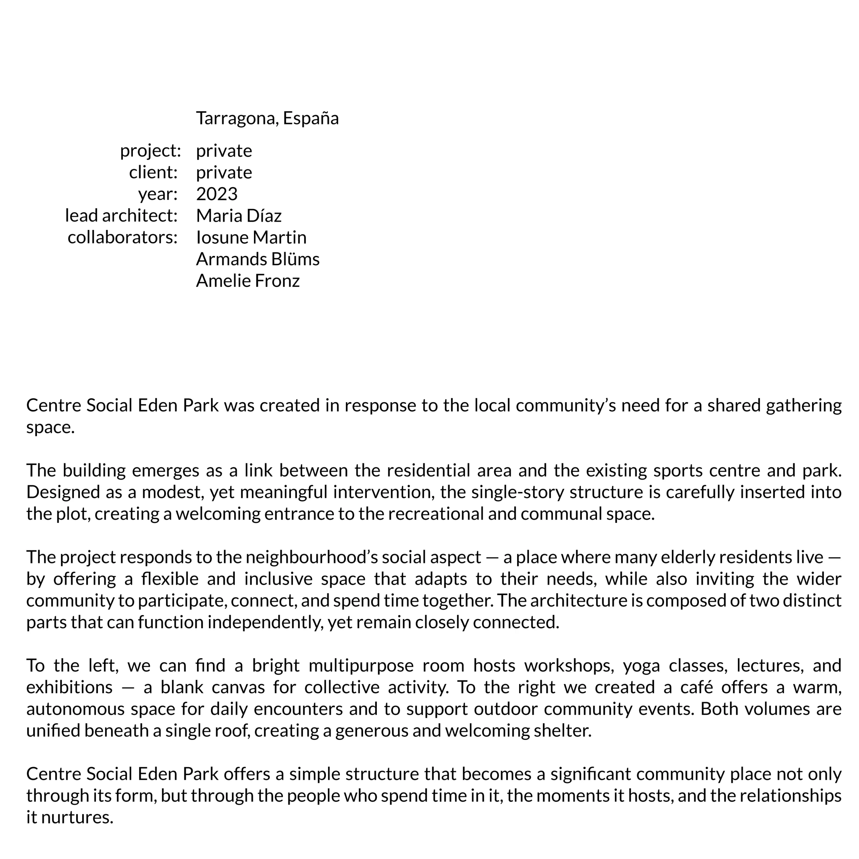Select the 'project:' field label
(150, 151)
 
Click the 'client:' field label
(153, 172)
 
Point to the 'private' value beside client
(224, 172)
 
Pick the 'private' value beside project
(224, 151)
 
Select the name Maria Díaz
(239, 216)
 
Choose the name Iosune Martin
(251, 238)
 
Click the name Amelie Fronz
(248, 281)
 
